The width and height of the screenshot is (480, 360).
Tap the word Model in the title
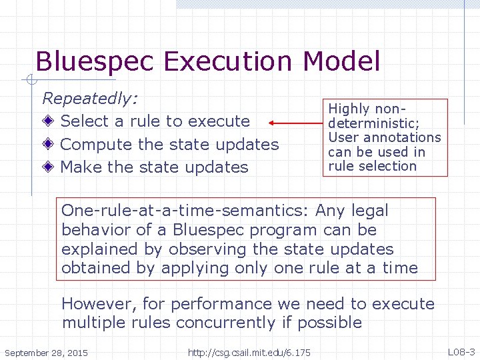coord(341,62)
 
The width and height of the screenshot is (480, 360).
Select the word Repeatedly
coord(90,99)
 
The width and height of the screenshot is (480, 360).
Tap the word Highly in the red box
coord(350,109)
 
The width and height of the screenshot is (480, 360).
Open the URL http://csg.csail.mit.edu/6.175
coord(249,352)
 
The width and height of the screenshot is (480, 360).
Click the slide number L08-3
coord(461,351)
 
